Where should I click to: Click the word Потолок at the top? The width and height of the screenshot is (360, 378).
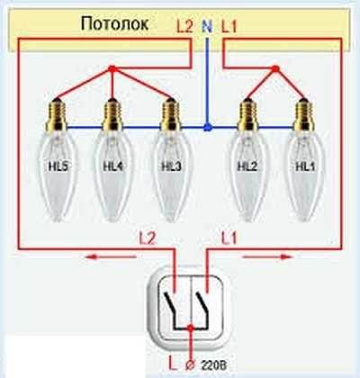(x=115, y=23)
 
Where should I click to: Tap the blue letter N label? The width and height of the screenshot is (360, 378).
(x=207, y=26)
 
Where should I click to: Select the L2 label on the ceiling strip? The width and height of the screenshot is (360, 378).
(x=184, y=27)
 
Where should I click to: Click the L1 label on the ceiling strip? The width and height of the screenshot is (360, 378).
(x=229, y=27)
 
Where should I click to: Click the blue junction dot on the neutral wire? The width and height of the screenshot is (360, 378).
(x=207, y=128)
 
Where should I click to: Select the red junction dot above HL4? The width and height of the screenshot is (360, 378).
(x=112, y=69)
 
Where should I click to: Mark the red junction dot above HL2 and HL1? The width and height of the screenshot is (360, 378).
(x=275, y=69)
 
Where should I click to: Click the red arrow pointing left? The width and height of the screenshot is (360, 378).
(x=111, y=256)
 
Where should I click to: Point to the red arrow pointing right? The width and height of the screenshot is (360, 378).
(x=267, y=256)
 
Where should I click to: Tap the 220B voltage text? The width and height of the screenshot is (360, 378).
(x=213, y=365)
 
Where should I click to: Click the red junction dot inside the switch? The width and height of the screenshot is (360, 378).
(x=190, y=328)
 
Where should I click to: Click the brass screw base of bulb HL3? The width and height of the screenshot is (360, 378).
(x=171, y=115)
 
